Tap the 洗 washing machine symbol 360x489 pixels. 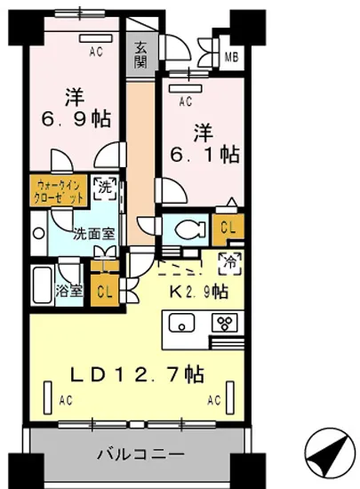104,188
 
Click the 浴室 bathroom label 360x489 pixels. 69,290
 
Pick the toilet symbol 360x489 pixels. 186,229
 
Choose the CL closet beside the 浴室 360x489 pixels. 104,291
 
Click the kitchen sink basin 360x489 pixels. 180,324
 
